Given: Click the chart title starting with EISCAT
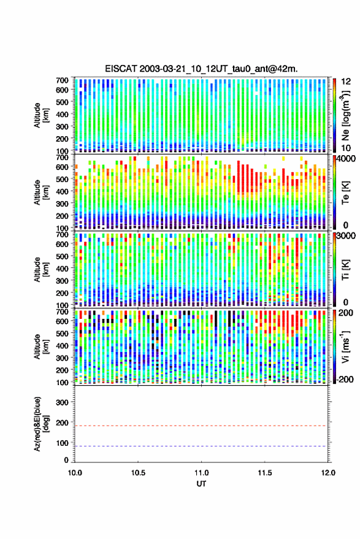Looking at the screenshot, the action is [x=201, y=69].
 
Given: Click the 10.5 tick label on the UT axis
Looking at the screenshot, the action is [x=138, y=473].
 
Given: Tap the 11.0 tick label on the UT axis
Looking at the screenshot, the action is [x=201, y=473].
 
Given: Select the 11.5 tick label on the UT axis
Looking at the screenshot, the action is [x=264, y=473].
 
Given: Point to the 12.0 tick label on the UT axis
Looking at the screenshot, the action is [x=328, y=473].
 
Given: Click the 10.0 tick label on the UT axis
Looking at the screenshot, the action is [x=75, y=473].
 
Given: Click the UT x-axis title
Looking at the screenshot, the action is [x=201, y=484].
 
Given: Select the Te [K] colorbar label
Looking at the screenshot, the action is [x=345, y=193].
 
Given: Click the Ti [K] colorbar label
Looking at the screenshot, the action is [x=345, y=270].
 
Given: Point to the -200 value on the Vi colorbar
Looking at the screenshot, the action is [x=345, y=379].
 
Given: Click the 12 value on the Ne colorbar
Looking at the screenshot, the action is [x=347, y=82].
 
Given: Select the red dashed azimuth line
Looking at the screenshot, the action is [x=201, y=426].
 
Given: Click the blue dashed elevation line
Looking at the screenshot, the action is [x=201, y=446].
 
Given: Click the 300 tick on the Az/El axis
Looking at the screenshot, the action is [x=62, y=402].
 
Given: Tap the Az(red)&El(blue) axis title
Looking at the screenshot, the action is [x=41, y=424].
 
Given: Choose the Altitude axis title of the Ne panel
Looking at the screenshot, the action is [x=41, y=115].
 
